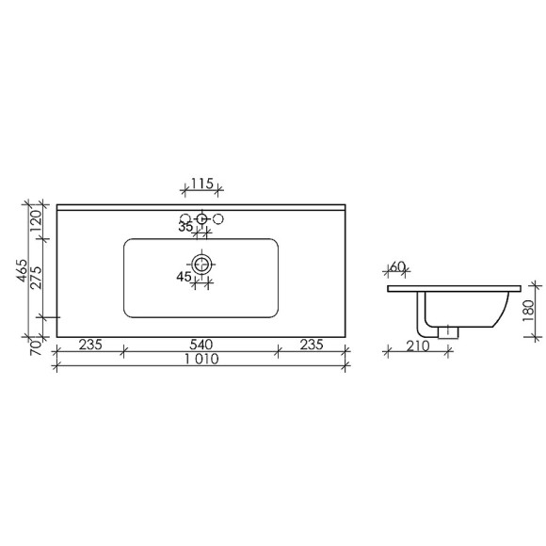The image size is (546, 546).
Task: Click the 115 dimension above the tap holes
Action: pos(201,184)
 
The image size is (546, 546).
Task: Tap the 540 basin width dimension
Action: pos(200,345)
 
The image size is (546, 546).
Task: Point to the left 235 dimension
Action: pos(88,345)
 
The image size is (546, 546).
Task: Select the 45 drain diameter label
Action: pos(185,276)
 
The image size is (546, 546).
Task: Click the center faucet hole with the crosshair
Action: pos(201,220)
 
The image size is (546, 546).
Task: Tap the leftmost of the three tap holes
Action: pos(185,220)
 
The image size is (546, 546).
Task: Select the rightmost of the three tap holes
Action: pos(217,220)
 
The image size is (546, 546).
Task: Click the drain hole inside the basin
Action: pos(201,263)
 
